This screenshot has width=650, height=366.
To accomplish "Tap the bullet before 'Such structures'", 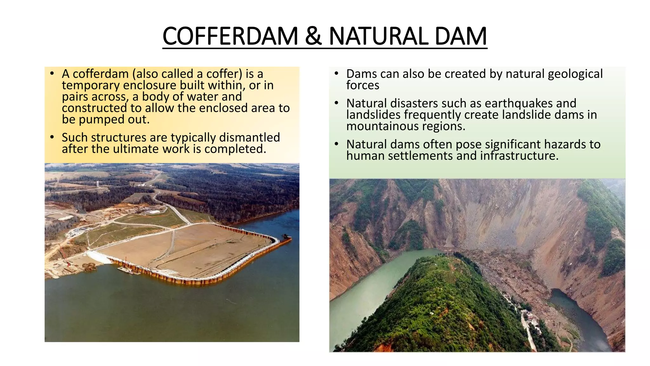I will coord(52,137).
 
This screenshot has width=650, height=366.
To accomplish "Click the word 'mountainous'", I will coord(383,126).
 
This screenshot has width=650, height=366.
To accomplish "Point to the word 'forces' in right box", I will coord(363,85).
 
